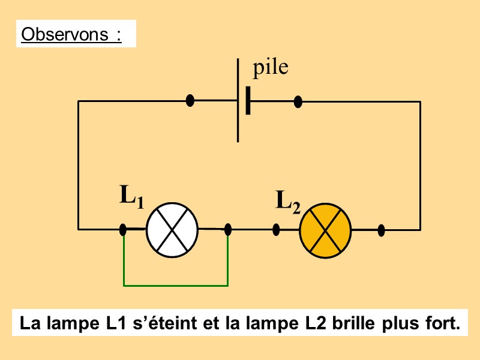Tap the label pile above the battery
(270, 68)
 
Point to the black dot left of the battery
(190, 101)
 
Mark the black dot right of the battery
(298, 101)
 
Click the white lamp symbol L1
(173, 229)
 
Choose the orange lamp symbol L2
(325, 229)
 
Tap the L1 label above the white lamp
(131, 196)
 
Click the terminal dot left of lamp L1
(123, 229)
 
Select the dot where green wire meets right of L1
(228, 229)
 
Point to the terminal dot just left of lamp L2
(277, 229)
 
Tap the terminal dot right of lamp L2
(381, 229)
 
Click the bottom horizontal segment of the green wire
(175, 286)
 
